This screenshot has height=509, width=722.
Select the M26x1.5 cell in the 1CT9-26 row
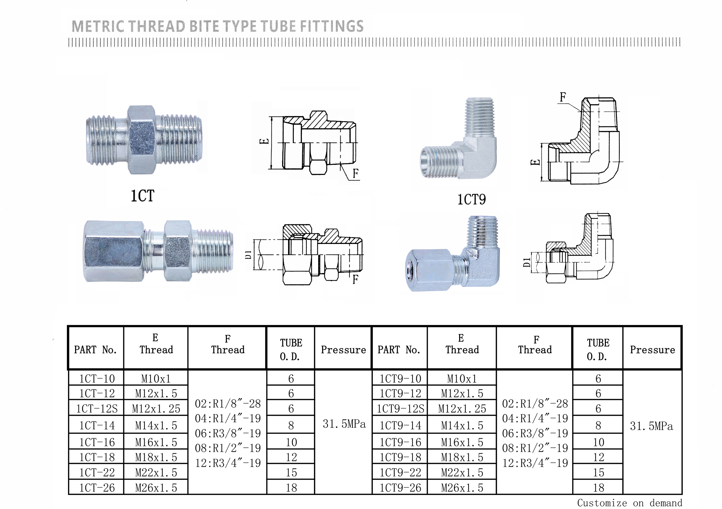click(x=462, y=488)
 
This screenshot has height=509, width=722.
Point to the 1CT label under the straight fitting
click(x=142, y=196)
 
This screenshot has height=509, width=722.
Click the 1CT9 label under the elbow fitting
click(x=471, y=200)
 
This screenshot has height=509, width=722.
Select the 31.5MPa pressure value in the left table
click(x=344, y=424)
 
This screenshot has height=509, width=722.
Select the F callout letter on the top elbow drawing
click(x=563, y=97)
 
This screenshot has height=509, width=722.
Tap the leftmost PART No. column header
click(x=95, y=350)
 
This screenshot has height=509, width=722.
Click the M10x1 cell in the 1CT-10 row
click(x=156, y=379)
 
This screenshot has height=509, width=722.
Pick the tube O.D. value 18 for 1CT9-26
click(x=598, y=488)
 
